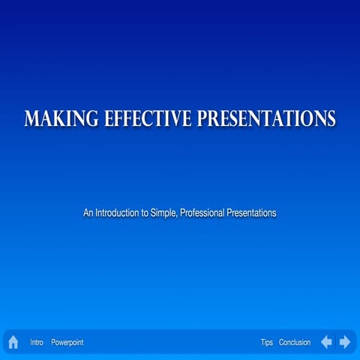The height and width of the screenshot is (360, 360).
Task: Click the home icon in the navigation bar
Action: [13, 342]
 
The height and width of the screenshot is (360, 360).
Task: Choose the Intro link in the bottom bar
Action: [37, 342]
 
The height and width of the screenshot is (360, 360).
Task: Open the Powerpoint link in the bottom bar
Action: [67, 342]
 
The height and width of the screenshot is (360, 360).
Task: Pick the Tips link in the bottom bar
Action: [267, 342]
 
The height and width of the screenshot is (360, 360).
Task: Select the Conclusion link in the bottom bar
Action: [295, 342]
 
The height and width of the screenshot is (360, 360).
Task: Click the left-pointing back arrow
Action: [326, 342]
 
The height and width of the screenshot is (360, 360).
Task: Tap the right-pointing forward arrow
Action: [345, 342]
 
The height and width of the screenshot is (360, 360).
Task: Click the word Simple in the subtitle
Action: [163, 213]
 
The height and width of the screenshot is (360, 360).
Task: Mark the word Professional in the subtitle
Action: [203, 213]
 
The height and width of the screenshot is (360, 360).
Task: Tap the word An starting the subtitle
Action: [88, 213]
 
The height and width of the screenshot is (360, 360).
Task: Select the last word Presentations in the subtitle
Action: [253, 213]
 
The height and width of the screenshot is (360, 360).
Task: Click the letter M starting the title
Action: [31, 118]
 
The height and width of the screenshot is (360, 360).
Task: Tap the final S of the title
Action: [331, 118]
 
